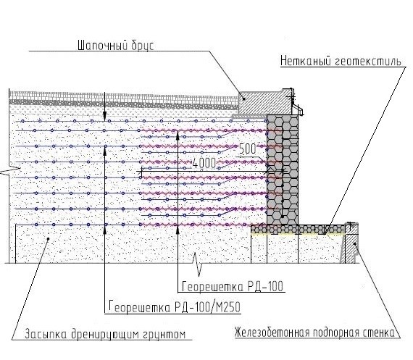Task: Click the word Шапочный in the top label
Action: tap(101, 46)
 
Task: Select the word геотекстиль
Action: tap(368, 61)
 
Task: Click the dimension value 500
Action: tap(247, 148)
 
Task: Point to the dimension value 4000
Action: tap(204, 163)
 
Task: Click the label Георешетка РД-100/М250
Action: tap(175, 306)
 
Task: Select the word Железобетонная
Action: tap(272, 332)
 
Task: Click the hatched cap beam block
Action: tap(264, 102)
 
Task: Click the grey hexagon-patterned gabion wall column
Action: tap(283, 169)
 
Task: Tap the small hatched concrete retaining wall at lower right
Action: tap(351, 243)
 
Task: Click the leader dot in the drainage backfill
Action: tap(49, 239)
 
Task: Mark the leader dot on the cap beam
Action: tap(244, 99)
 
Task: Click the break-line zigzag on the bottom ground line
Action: tap(198, 264)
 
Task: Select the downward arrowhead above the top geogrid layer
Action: tap(104, 117)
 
